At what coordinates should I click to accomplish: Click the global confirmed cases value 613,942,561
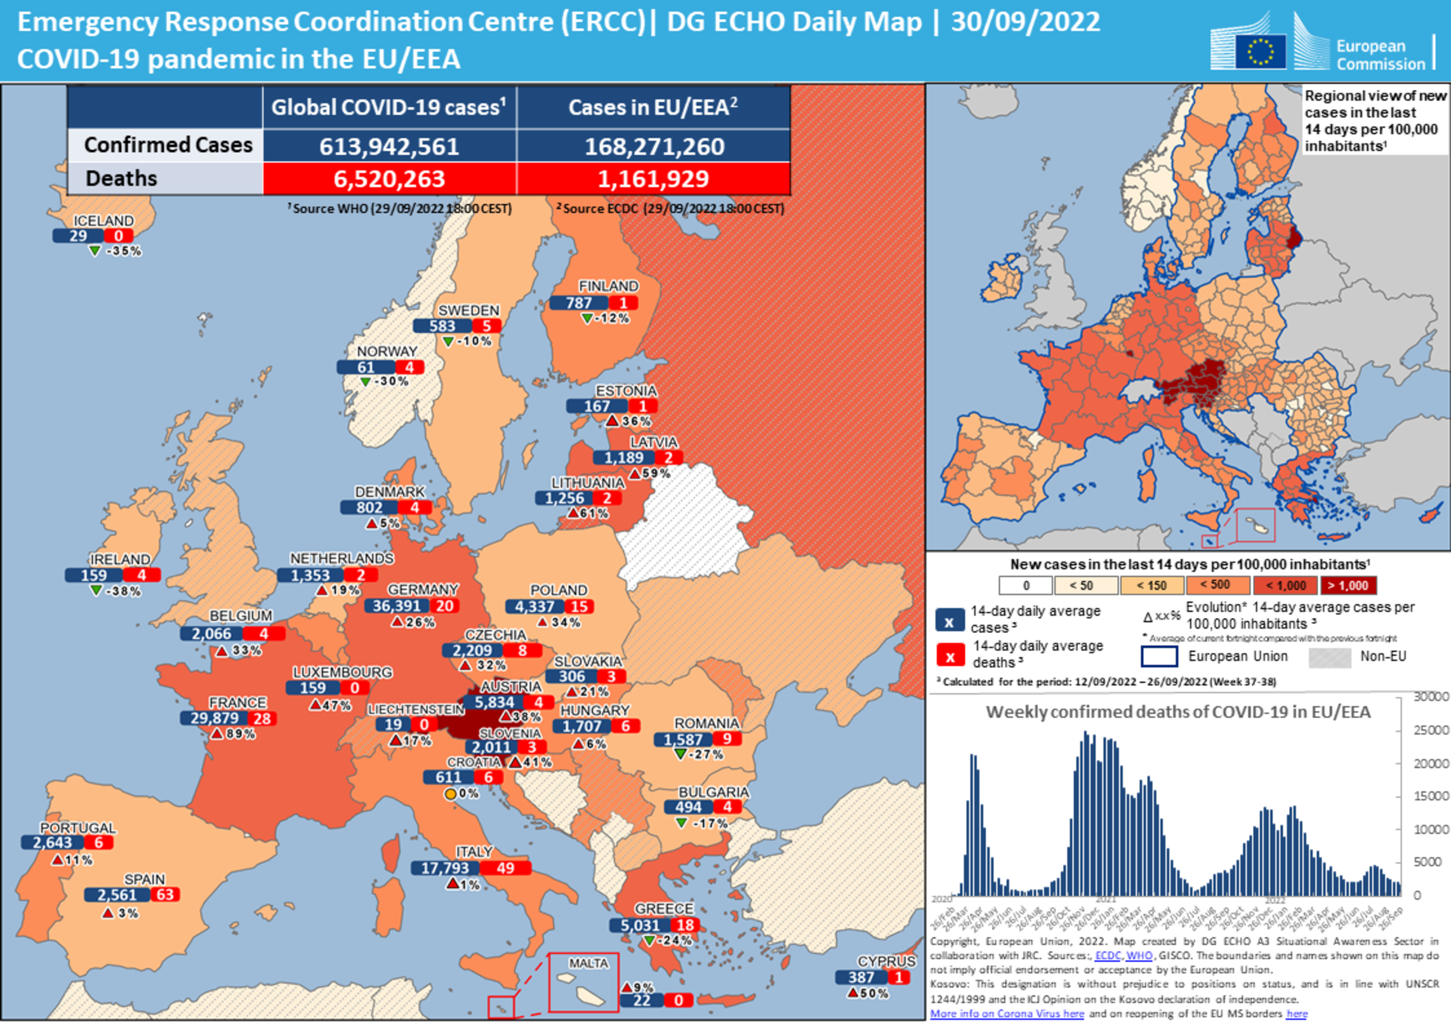pos(388,147)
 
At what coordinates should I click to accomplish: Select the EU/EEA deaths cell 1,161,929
pos(653,179)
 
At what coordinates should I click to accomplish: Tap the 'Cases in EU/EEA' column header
pos(653,107)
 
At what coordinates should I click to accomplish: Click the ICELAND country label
pos(103,221)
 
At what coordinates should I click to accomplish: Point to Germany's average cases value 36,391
pos(397,606)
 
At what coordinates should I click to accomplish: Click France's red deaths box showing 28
pos(262,718)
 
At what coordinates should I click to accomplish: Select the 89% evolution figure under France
pos(241,734)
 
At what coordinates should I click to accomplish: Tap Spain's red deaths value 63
pos(165,894)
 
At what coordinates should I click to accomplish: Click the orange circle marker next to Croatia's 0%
pos(450,793)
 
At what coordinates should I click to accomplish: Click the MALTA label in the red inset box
pos(588,963)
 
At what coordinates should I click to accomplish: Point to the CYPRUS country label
pos(886,962)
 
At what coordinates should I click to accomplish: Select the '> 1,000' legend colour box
pos(1348,585)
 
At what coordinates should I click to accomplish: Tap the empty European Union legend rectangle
pos(1159,656)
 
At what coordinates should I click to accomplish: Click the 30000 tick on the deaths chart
pos(1431,696)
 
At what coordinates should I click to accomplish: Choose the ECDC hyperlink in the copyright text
pos(1108,955)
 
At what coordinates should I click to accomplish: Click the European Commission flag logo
pos(1259,51)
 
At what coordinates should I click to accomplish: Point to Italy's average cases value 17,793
pos(445,868)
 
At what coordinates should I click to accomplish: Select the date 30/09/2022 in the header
pos(1025,22)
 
